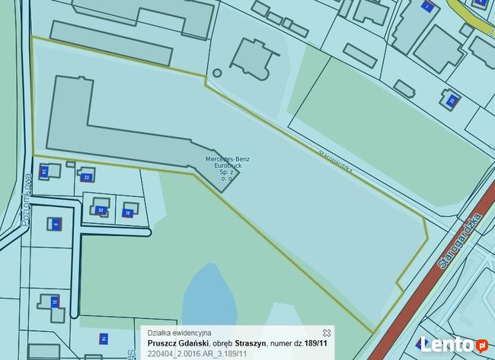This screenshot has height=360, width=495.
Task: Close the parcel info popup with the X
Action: tap(327, 333)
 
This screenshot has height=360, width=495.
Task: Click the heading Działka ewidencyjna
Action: tap(180, 333)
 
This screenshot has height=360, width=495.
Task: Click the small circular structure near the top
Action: tap(217, 74)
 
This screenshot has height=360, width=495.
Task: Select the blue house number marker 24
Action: tap(44, 172)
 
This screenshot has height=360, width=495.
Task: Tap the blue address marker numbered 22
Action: tap(86, 177)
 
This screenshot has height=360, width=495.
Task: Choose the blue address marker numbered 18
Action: tap(128, 213)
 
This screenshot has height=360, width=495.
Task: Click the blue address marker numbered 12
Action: tap(55, 302)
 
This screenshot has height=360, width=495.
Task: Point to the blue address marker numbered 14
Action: tap(103, 339)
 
